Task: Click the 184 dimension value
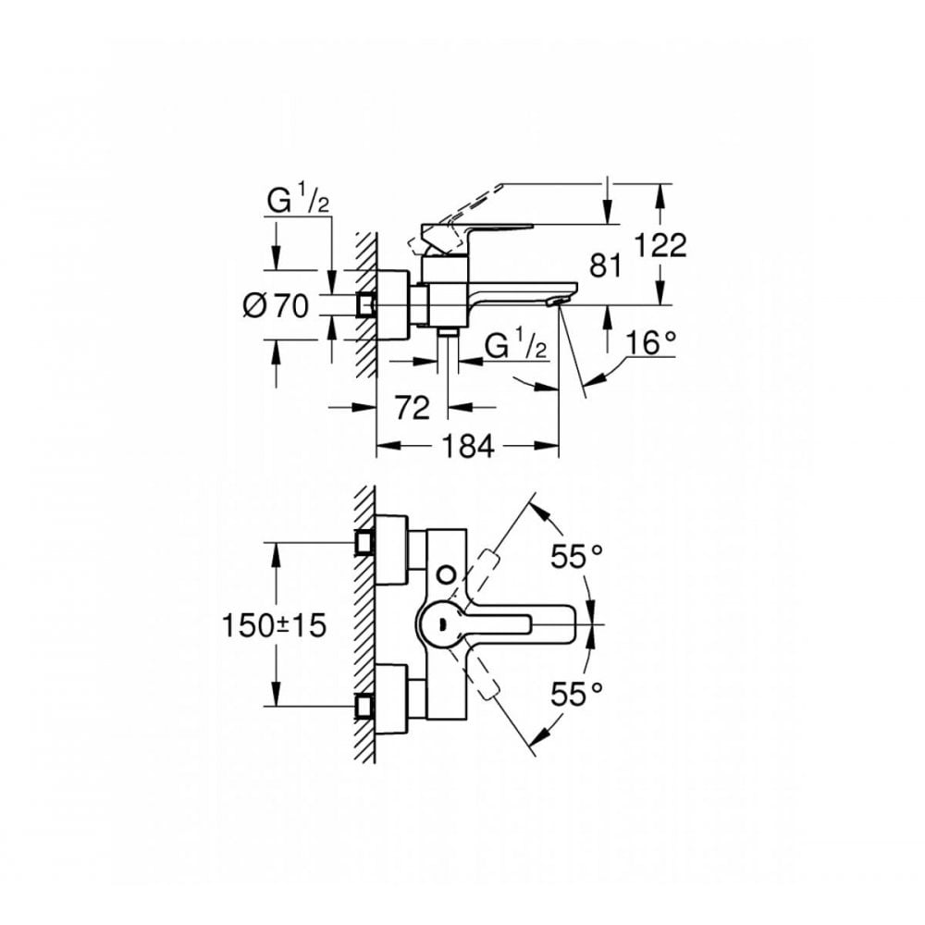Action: pos(467,447)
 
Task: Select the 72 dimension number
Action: pos(413,406)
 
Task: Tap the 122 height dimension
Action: pos(660,245)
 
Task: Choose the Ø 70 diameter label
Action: pos(275,304)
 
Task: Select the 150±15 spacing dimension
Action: pos(275,625)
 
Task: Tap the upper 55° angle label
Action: pos(577,555)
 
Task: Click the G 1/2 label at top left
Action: pos(299,199)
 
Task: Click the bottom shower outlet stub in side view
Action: pos(449,333)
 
